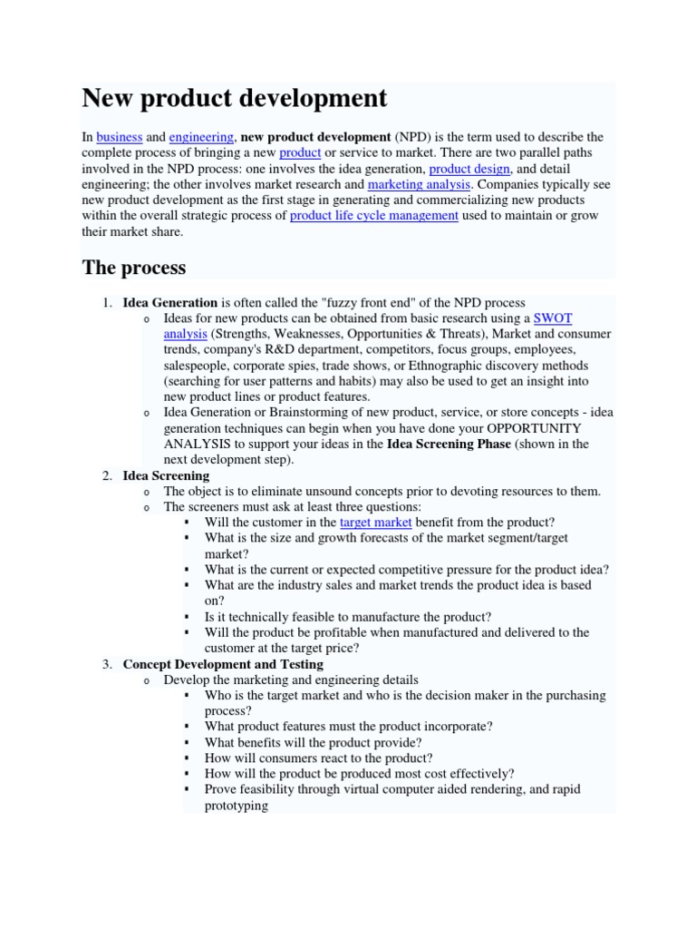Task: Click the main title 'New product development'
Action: pos(234,98)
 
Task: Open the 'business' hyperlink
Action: pos(120,137)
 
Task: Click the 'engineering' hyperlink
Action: pos(201,137)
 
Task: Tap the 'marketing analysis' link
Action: pos(419,184)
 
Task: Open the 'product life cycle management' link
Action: pos(373,216)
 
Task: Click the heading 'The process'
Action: pos(134,268)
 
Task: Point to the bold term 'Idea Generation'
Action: pos(170,302)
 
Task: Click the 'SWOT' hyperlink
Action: pos(553,318)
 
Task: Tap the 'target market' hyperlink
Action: pos(375,523)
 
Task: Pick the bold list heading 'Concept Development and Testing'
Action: pos(223,664)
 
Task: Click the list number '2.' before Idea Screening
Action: pos(107,475)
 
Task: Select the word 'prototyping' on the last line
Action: pos(236,805)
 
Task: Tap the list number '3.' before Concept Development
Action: pos(107,664)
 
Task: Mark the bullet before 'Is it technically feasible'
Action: pos(187,617)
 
